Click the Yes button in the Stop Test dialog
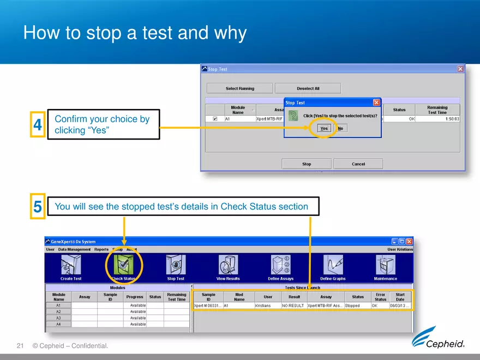point(324,128)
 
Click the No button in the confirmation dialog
point(340,128)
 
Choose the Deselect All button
point(308,88)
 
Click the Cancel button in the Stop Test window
point(358,164)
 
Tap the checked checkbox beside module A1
point(215,118)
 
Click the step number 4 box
point(38,125)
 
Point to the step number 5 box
point(38,207)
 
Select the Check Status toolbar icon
point(124,266)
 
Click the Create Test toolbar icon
point(71,266)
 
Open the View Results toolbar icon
point(227,266)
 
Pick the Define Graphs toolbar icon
point(333,266)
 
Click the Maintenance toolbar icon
point(385,266)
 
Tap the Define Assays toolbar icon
point(280,266)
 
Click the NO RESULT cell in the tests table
point(293,306)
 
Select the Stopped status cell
point(357,306)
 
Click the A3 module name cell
point(58,318)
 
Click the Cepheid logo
point(438,338)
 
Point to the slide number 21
point(21,346)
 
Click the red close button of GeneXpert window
point(409,242)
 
